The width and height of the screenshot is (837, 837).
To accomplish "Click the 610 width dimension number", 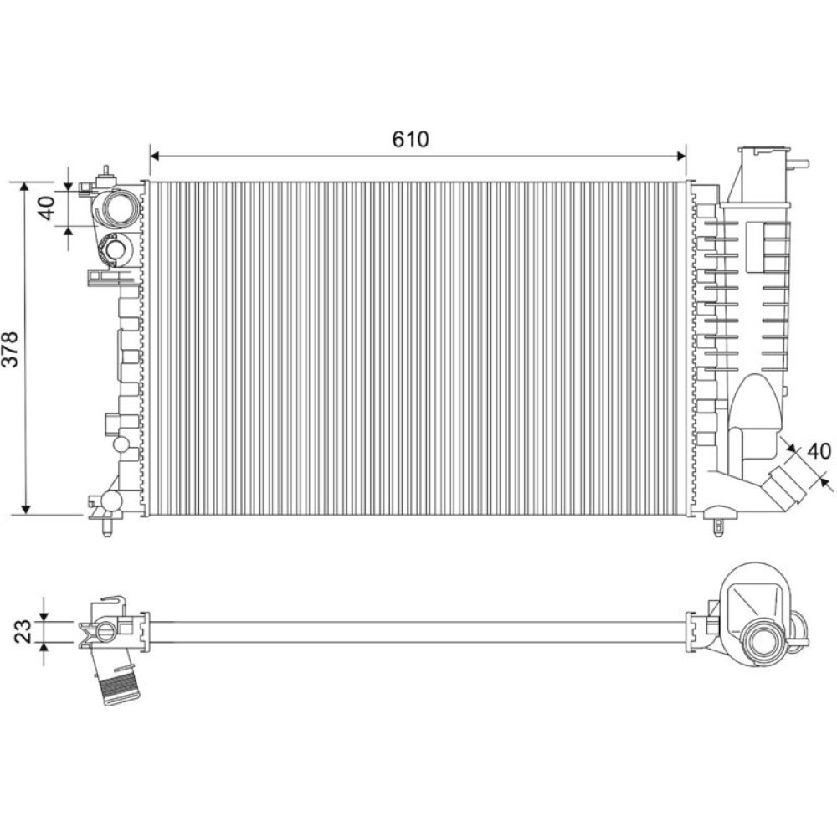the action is pyautogui.click(x=410, y=139).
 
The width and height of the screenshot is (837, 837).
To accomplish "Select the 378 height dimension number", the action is pyautogui.click(x=11, y=350).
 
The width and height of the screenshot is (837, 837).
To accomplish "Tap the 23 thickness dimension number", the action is pyautogui.click(x=23, y=631).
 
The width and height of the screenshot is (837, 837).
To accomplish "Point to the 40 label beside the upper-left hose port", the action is pyautogui.click(x=47, y=208).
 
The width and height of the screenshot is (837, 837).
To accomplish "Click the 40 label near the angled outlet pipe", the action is pyautogui.click(x=819, y=452).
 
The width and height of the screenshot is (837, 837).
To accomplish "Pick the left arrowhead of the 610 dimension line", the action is pyautogui.click(x=155, y=156).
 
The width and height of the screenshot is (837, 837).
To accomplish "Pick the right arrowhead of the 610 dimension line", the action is pyautogui.click(x=681, y=156).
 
